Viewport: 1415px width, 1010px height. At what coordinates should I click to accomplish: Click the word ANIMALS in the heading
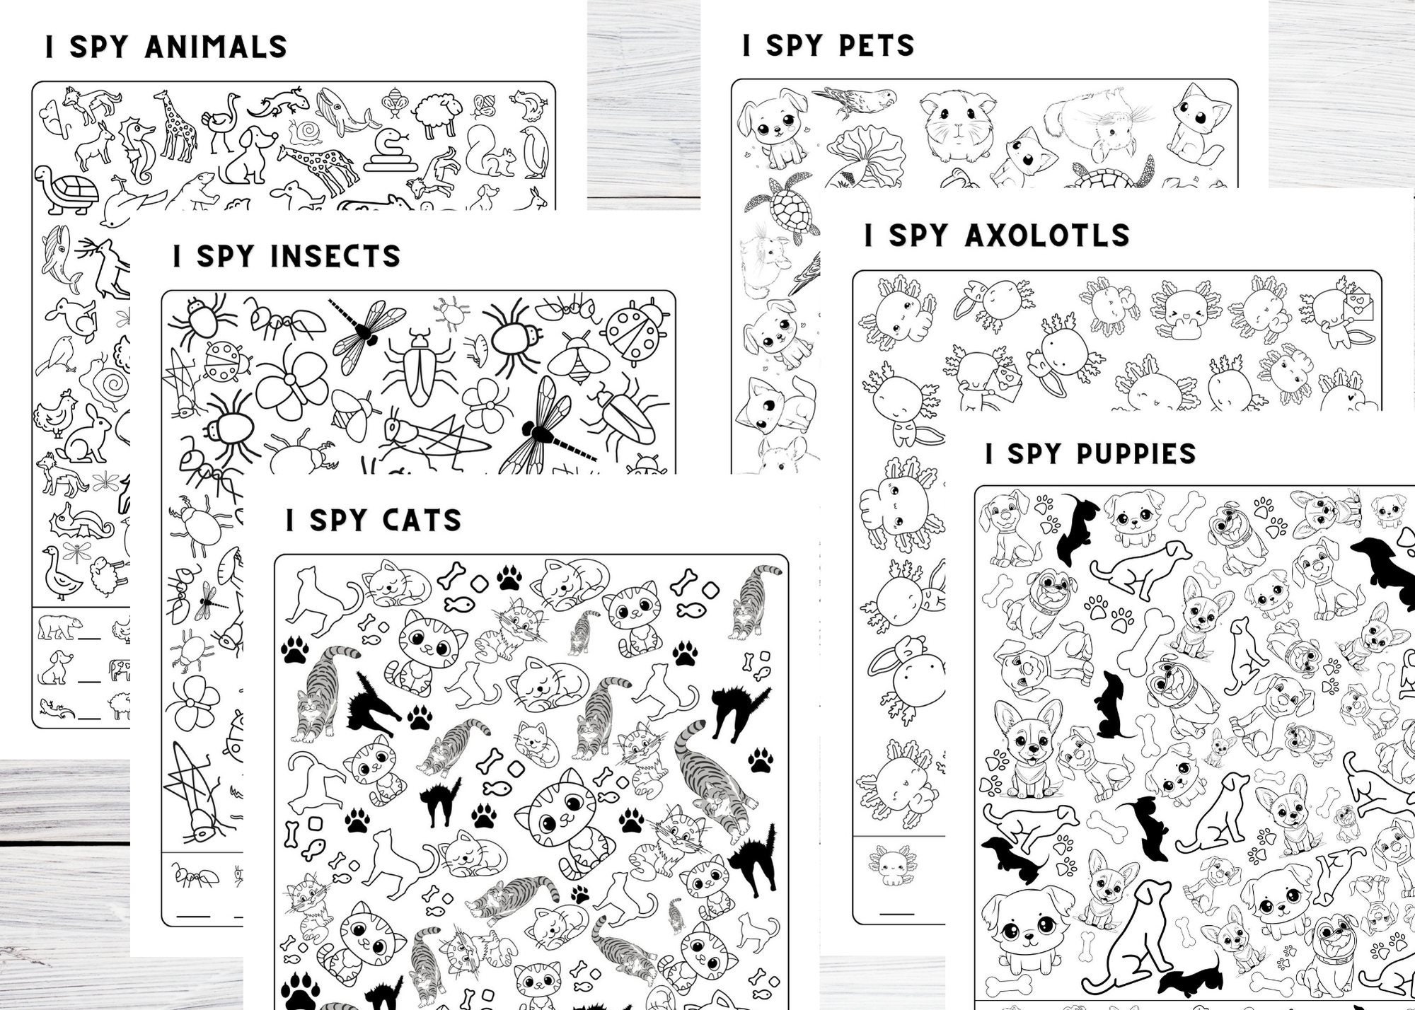coord(216,47)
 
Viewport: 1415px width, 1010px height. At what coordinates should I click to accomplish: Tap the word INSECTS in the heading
coord(335,256)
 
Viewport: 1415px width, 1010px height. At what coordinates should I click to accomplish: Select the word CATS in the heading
coord(421,521)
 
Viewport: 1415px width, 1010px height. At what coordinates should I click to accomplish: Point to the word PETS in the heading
coord(876,45)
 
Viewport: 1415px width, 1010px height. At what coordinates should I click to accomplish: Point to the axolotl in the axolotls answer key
coord(891,864)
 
